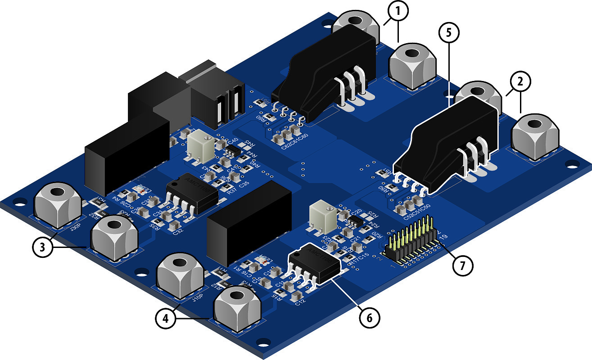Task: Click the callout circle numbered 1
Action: [x=397, y=12]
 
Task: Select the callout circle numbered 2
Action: [x=520, y=82]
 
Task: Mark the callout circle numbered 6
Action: [x=368, y=316]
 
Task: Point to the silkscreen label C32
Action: [x=177, y=232]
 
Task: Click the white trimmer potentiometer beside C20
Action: [x=323, y=217]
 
